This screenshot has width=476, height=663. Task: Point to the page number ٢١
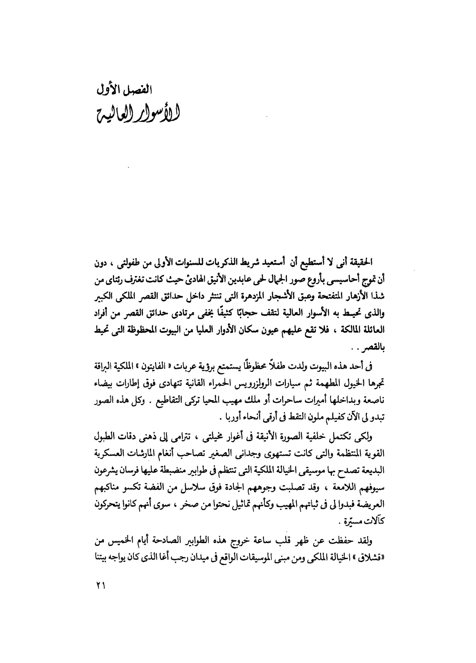101,585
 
